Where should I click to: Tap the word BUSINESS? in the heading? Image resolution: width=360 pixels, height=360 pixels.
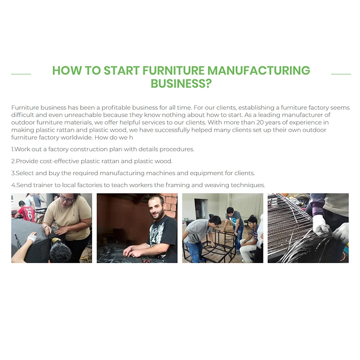(x=181, y=84)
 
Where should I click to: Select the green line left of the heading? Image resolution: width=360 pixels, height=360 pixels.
(x=21, y=74)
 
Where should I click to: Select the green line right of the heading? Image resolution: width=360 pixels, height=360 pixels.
(x=341, y=74)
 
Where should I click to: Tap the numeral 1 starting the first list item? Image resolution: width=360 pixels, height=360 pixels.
(x=12, y=149)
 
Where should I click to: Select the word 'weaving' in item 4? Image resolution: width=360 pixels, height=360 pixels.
(x=214, y=185)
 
